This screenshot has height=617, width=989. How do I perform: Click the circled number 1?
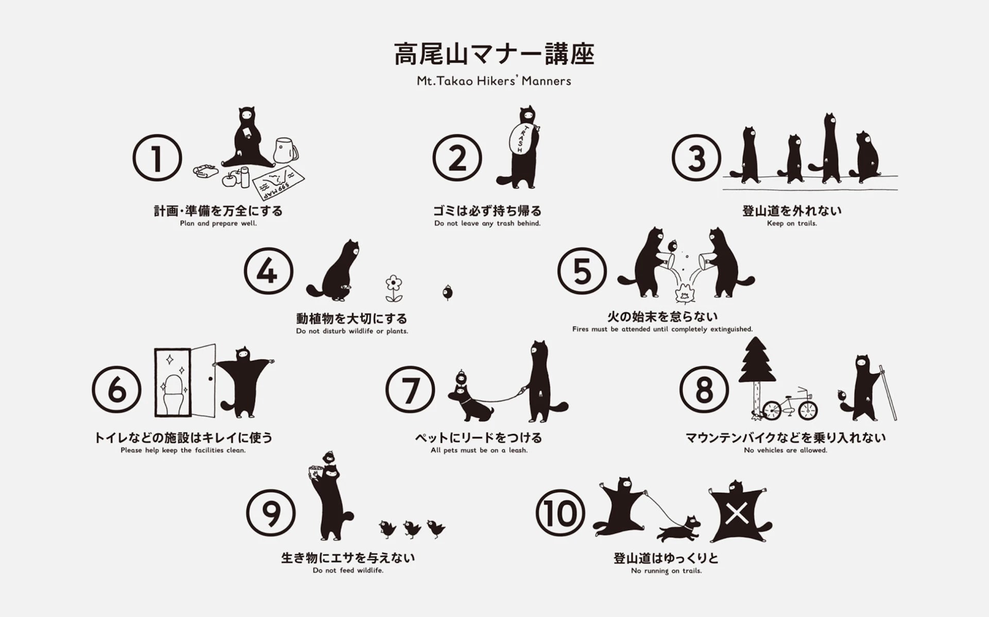click(x=157, y=158)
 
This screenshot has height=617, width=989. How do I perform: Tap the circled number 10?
click(x=560, y=513)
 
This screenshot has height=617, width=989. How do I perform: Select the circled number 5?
click(x=582, y=271)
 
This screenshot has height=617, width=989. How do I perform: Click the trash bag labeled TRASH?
click(x=520, y=138)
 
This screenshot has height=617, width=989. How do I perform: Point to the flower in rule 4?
click(x=394, y=288)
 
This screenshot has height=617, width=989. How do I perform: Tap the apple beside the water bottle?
click(x=229, y=178)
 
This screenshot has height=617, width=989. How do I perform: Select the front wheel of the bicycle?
click(x=772, y=410)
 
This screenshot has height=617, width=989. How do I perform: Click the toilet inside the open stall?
click(x=174, y=394)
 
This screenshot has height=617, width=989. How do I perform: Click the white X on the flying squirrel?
click(x=737, y=513)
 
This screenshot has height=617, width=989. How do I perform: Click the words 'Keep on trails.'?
click(x=792, y=223)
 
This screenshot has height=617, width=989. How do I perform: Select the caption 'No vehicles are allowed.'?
click(x=786, y=450)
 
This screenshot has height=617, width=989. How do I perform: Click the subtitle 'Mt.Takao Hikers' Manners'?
click(x=494, y=81)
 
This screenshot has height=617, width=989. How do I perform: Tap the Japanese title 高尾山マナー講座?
click(x=494, y=54)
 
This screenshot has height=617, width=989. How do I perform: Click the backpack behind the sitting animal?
click(x=285, y=150)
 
